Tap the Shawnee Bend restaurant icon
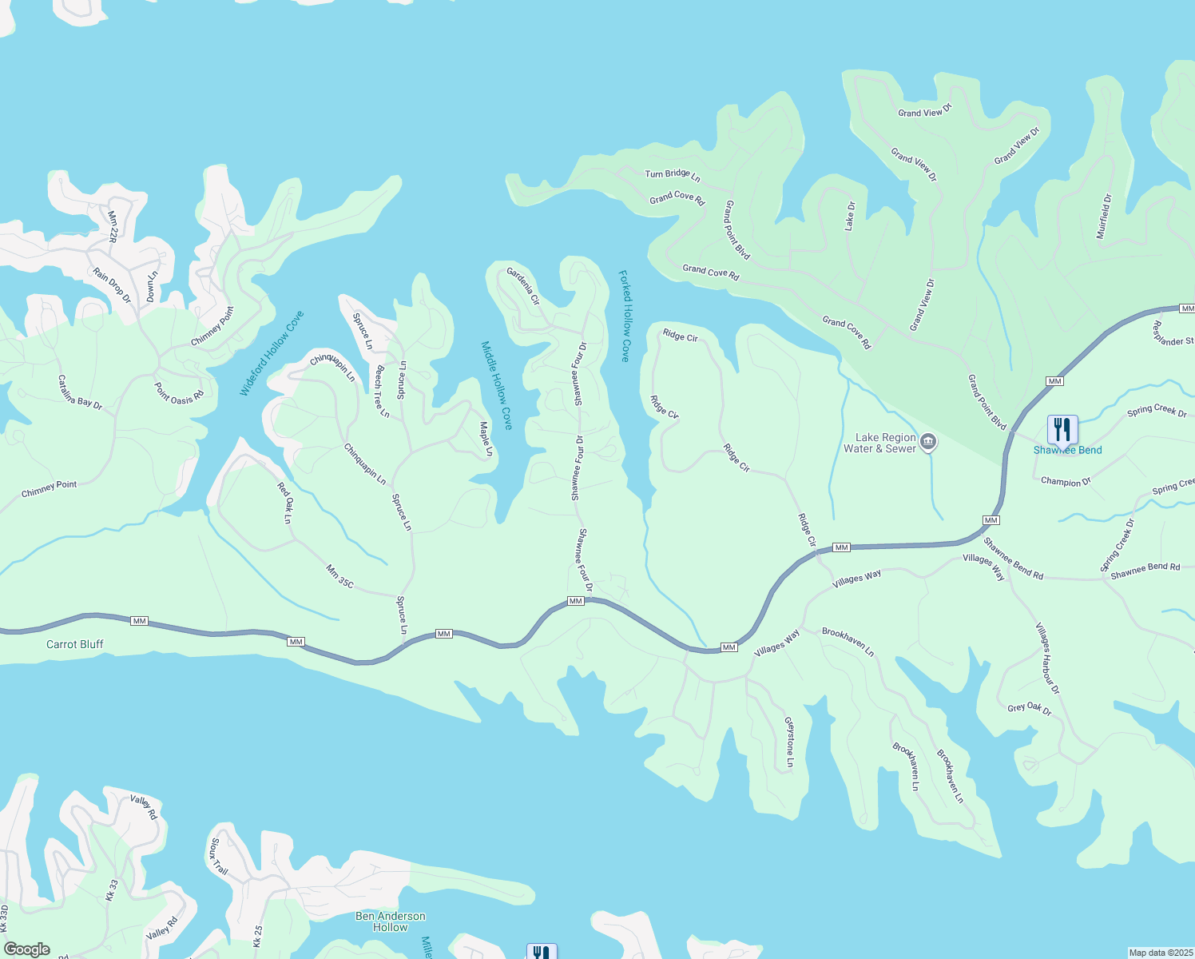1062,430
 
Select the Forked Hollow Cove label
625,316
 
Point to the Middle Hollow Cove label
496,385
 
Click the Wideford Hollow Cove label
272,353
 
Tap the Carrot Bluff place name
75,644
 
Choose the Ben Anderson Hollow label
390,921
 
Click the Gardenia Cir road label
524,286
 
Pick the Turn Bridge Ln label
673,174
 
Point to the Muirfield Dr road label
1104,216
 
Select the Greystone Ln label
789,742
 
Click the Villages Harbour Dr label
1047,659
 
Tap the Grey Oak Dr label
1030,708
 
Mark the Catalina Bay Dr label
80,392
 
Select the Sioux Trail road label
219,857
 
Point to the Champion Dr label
1066,482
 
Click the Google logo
27,949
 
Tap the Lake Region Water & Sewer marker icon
928,442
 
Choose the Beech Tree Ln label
383,392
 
